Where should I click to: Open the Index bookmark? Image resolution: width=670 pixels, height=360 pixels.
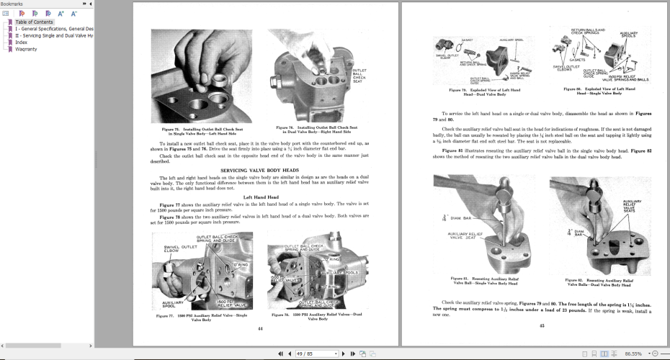coord(22,42)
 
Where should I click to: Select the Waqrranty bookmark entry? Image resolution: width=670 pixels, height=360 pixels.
coord(27,49)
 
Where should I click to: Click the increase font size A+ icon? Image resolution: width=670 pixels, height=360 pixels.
coord(61,13)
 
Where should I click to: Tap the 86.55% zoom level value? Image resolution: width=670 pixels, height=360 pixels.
coord(634,354)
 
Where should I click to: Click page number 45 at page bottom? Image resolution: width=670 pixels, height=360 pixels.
coord(541,325)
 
